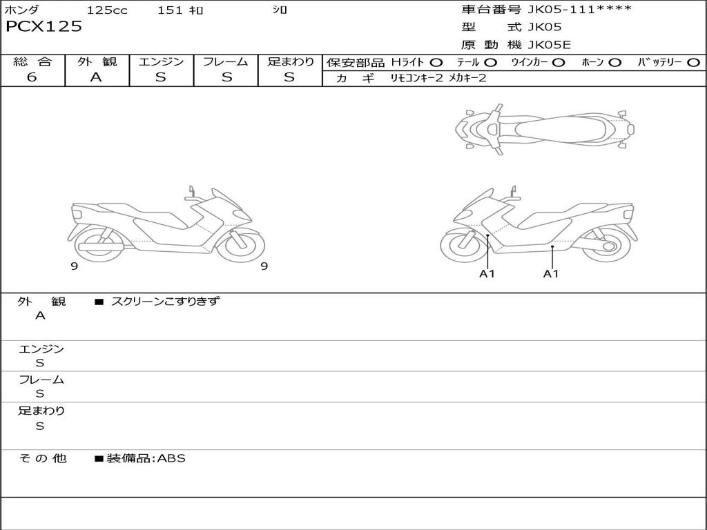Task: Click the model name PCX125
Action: [43, 27]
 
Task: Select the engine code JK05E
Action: [549, 45]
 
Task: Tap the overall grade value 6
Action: [32, 77]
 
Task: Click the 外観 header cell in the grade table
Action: [97, 61]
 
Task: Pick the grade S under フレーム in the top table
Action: [226, 77]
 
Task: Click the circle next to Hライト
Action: [436, 63]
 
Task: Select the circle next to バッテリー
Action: [693, 63]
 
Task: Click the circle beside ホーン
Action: [614, 63]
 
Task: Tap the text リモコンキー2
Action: [416, 78]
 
